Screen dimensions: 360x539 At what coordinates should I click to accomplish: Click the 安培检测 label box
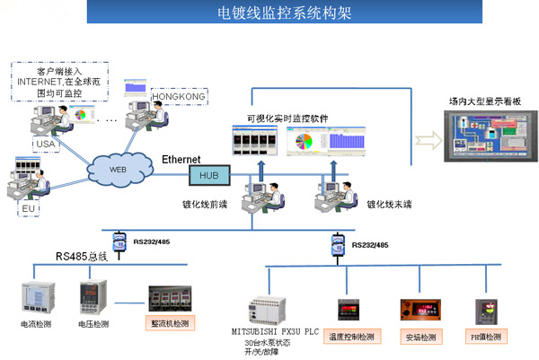click(421, 337)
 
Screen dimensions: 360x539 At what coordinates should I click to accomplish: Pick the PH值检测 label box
click(488, 337)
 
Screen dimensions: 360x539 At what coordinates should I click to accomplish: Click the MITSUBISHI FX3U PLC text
click(274, 331)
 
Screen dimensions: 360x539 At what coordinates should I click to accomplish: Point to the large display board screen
click(486, 140)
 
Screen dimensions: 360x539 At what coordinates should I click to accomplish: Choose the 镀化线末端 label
click(388, 204)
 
